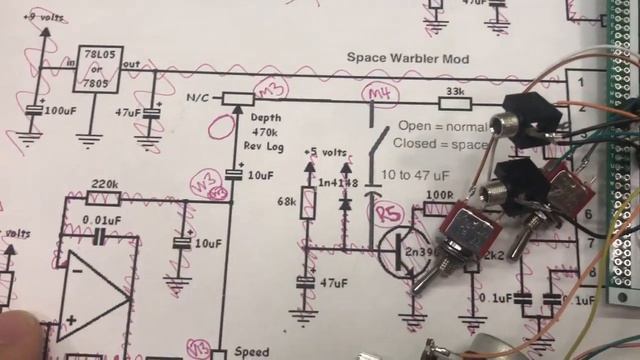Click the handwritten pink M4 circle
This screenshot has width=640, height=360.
378,95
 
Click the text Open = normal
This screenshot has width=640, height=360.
443,126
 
